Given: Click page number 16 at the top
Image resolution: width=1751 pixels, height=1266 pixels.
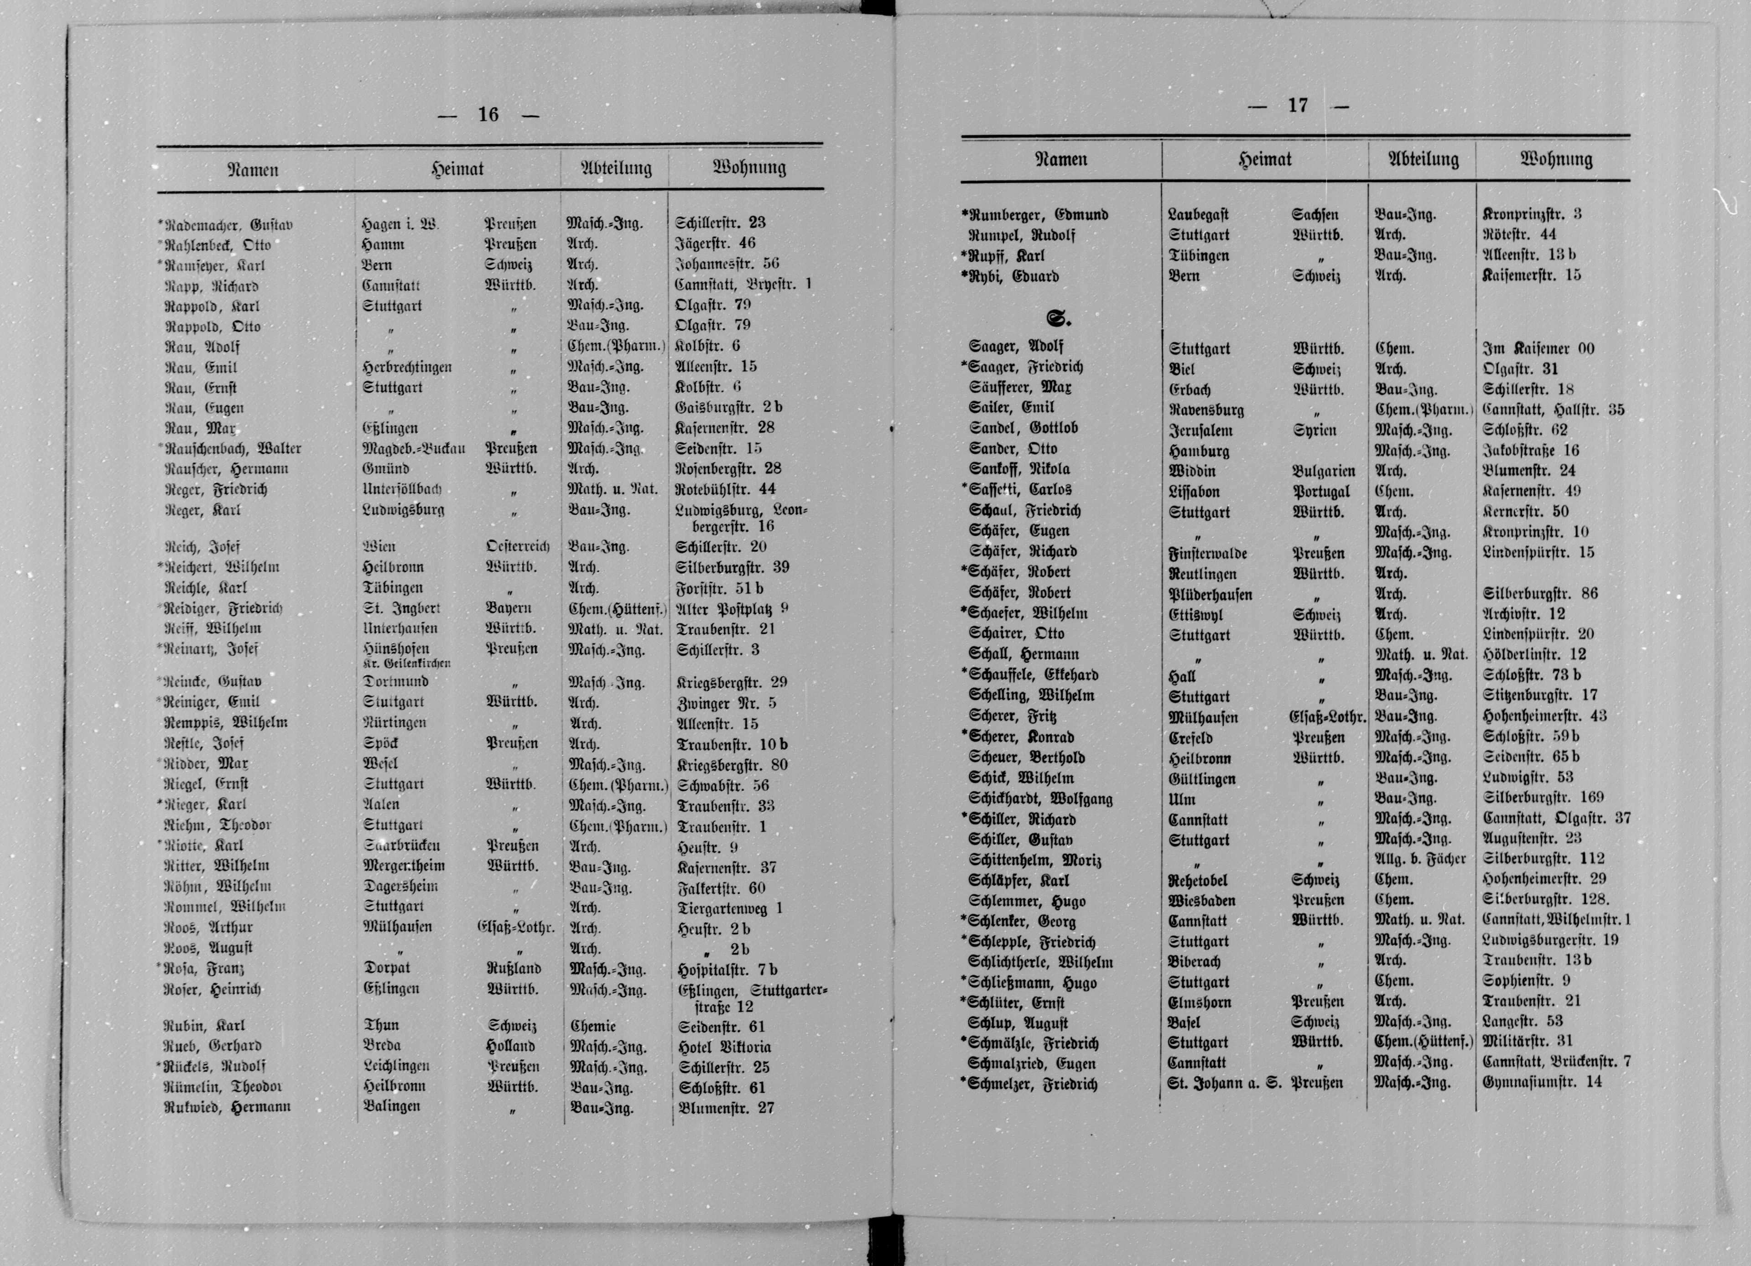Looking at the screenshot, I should point(488,115).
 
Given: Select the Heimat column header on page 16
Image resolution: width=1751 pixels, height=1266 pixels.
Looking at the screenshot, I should point(458,168).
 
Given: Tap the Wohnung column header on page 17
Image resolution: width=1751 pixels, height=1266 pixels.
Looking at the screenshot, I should point(1556,160).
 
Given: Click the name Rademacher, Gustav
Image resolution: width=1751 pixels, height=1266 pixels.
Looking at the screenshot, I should point(230,225).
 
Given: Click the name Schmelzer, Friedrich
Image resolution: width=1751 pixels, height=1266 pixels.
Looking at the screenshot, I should point(1032,1084).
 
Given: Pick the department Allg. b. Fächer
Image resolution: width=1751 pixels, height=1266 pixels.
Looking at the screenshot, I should point(1420,858).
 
